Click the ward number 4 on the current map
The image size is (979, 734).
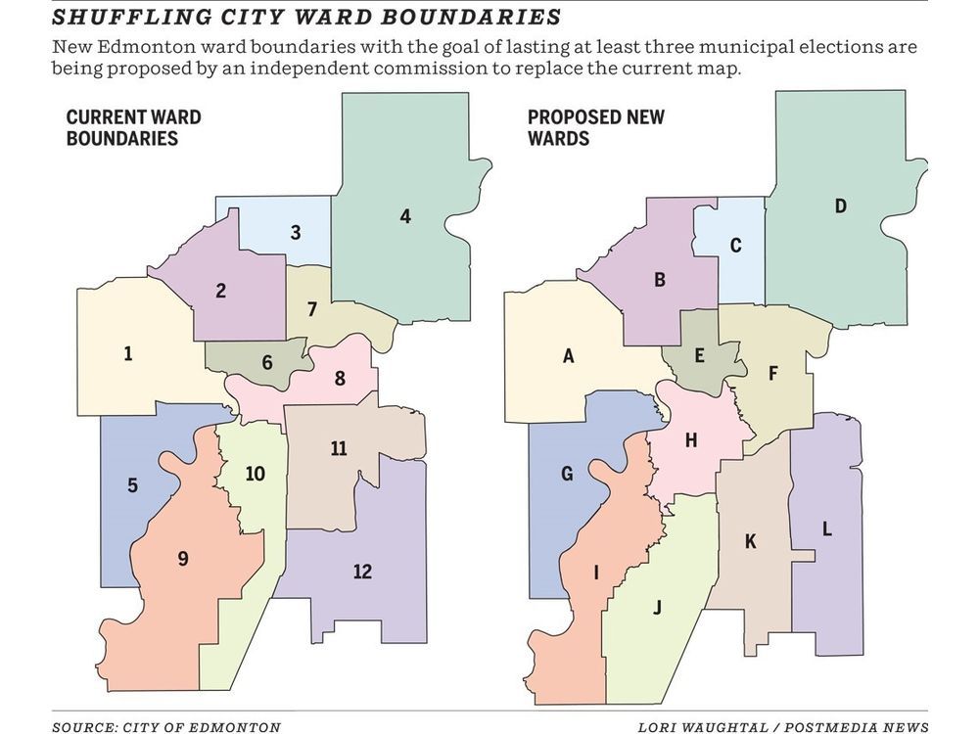pos(405,217)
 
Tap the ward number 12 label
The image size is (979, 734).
pos(362,572)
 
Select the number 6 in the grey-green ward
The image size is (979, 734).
pos(267,362)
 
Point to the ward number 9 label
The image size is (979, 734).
pos(183,559)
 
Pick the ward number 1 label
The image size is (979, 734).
pos(128,353)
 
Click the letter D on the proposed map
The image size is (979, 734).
pos(840,206)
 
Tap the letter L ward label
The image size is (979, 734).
pos(827,529)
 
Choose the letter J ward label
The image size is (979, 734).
pos(657,607)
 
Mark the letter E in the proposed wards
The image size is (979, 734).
pos(699,355)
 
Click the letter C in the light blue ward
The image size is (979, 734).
pos(735,245)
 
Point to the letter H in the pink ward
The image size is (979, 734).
pos(690,440)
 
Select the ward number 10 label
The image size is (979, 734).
pos(255,474)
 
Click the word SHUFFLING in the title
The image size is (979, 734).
pos(114,17)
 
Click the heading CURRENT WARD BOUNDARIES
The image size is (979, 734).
pos(133,128)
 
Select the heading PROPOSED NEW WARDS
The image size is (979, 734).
pos(596,128)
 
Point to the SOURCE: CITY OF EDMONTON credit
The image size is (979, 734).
pos(166,726)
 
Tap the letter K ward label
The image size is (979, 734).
pos(751,541)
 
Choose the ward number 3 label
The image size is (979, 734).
pos(296,233)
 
